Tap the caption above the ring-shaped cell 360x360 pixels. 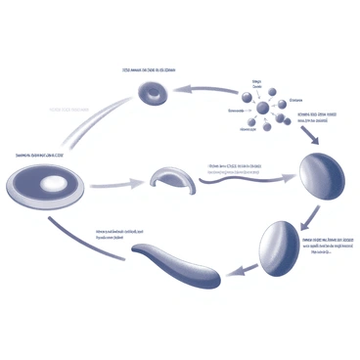(x=149, y=70)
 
